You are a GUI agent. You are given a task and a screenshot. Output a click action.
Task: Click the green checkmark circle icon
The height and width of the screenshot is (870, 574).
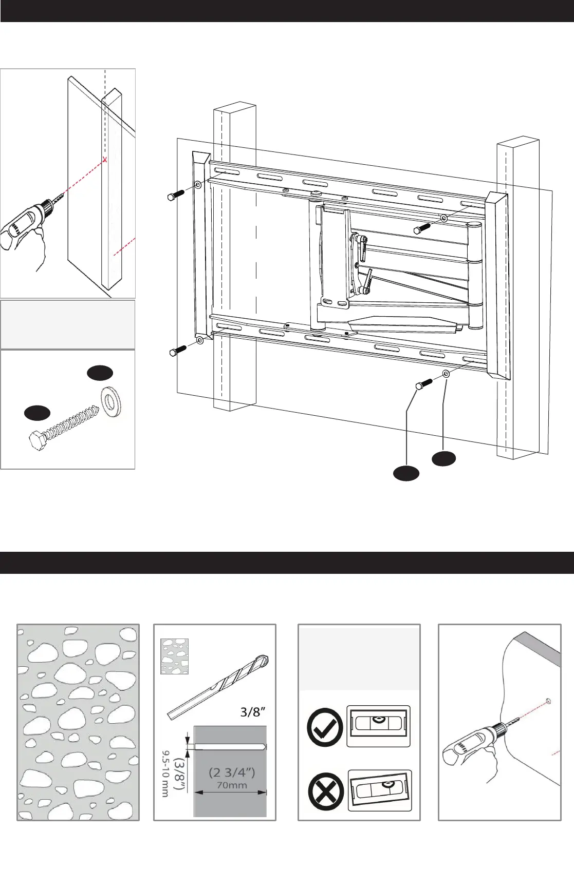click(325, 727)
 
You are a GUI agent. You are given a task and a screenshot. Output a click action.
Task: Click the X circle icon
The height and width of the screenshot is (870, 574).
click(326, 790)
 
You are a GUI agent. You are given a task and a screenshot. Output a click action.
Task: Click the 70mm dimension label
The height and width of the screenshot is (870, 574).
click(232, 785)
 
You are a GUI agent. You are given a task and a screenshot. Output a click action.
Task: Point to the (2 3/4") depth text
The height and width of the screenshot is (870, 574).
click(232, 772)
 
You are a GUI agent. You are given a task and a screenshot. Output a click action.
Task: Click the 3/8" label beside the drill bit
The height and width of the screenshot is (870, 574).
click(253, 712)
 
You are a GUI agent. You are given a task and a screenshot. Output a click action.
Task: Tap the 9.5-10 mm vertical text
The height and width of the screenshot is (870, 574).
click(165, 774)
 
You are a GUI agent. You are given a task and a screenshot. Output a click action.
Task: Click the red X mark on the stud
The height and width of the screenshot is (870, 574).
click(105, 160)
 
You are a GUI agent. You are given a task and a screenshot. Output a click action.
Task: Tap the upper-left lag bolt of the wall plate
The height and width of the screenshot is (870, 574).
click(176, 195)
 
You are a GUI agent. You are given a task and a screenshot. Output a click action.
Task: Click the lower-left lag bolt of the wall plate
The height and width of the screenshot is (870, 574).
click(178, 351)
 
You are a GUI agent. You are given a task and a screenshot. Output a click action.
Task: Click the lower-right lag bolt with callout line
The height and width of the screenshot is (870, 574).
click(423, 384)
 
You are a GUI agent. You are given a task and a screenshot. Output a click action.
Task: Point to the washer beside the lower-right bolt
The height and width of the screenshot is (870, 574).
click(446, 374)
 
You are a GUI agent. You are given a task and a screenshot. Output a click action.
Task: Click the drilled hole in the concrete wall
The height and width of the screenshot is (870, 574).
click(548, 700)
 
